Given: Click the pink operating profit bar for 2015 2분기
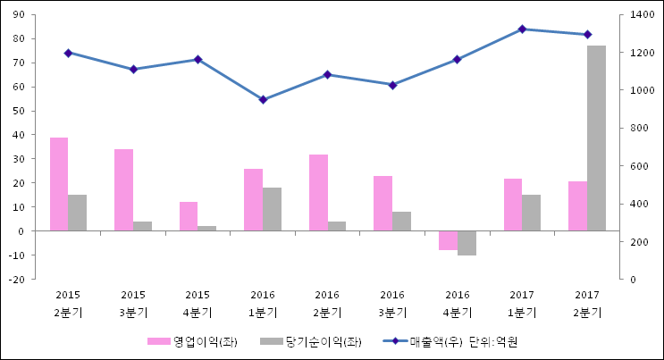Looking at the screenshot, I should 59,184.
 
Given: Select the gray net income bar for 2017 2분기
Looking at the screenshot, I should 596,138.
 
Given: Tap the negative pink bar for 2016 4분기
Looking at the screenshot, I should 448,240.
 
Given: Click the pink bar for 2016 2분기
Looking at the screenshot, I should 318,193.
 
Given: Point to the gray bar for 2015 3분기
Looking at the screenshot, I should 142,226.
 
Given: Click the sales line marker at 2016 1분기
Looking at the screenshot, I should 263,99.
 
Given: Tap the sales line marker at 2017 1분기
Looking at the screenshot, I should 522,29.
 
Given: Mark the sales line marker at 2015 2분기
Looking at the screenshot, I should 68,53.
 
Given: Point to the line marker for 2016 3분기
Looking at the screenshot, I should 392,85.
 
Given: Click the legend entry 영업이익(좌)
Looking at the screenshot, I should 193,342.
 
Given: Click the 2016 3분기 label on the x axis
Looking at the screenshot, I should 392,304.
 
